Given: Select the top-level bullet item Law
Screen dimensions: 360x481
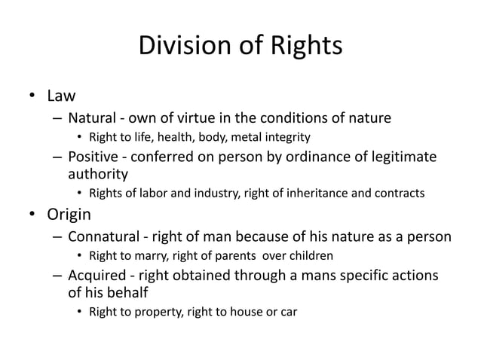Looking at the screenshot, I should [x=63, y=96].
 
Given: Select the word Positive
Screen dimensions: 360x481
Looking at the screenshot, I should [x=93, y=156].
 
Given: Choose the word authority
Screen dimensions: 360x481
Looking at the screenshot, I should [x=96, y=173].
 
